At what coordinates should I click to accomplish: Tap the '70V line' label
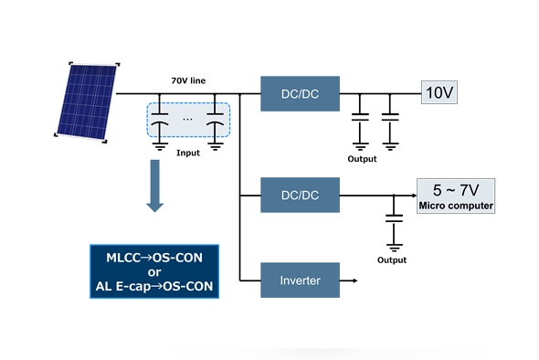point(187,81)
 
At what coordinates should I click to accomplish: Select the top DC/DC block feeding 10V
point(300,93)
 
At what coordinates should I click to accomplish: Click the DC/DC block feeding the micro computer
point(300,195)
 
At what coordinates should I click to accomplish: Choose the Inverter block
point(300,281)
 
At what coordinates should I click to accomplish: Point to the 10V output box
point(439,92)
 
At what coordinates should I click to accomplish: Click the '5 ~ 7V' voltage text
point(455,190)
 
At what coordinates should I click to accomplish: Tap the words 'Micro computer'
point(455,206)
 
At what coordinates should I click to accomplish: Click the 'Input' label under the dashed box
point(187,153)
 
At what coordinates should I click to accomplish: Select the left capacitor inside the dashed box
point(160,124)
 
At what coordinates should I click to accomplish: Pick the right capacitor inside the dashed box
point(216,124)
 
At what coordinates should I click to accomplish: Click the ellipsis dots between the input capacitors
point(187,118)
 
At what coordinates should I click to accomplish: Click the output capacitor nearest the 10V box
point(390,118)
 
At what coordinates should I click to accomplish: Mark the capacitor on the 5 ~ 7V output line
point(394,219)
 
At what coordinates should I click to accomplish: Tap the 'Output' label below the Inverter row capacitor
point(392,260)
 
